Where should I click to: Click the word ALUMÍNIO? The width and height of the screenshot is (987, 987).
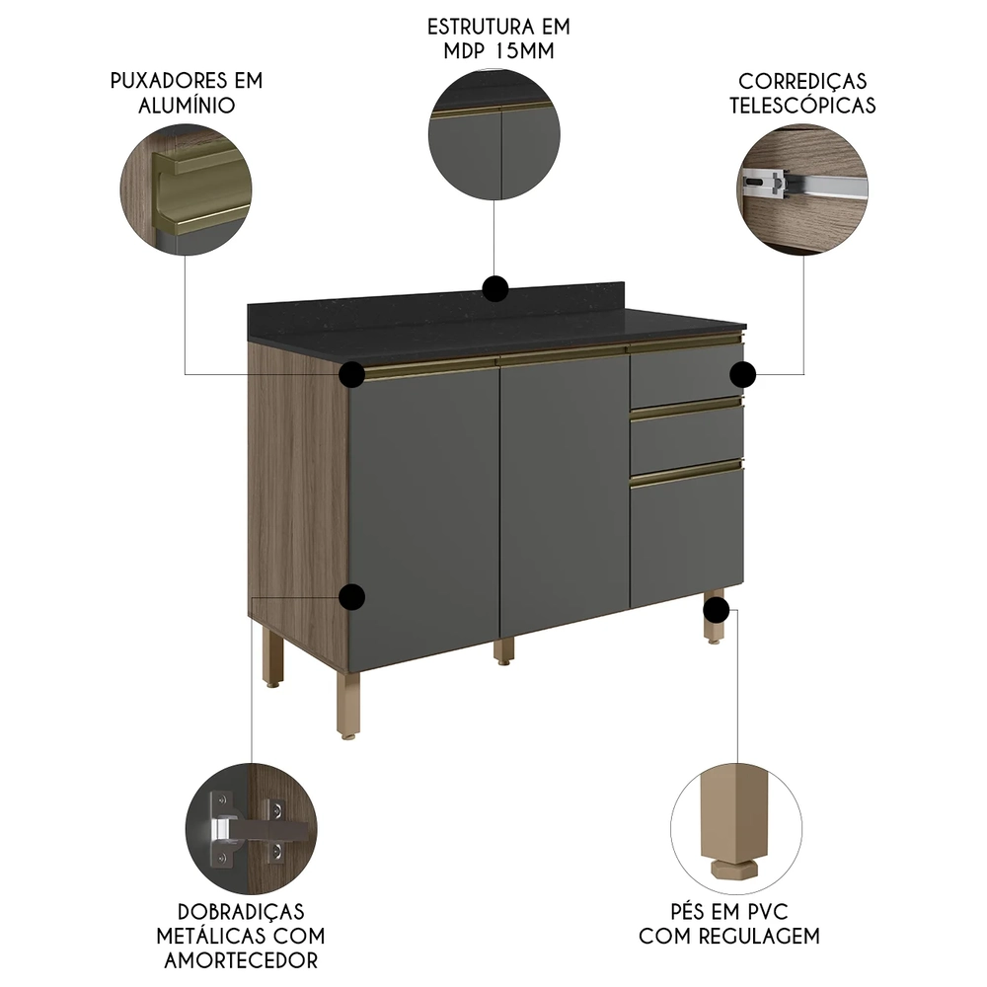[187, 106]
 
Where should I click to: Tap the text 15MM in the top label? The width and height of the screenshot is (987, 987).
[525, 51]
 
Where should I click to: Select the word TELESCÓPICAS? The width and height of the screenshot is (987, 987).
[802, 106]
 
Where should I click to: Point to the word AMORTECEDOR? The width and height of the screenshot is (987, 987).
[241, 960]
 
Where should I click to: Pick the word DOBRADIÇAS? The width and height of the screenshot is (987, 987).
[241, 911]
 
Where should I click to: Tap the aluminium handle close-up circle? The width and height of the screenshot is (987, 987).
[187, 190]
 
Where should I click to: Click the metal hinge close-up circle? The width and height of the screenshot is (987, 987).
[251, 829]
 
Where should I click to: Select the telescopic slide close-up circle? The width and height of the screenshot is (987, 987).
[802, 190]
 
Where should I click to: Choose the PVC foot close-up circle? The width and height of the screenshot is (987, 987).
[736, 829]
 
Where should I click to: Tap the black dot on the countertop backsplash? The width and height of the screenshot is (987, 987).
[495, 289]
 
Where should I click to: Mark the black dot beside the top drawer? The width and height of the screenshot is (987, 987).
[743, 375]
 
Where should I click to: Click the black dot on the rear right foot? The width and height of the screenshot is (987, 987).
[717, 609]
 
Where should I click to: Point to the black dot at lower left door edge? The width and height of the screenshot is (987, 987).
[352, 597]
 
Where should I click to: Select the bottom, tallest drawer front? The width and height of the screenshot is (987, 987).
[687, 537]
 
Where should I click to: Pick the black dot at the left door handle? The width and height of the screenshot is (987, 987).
[352, 374]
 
